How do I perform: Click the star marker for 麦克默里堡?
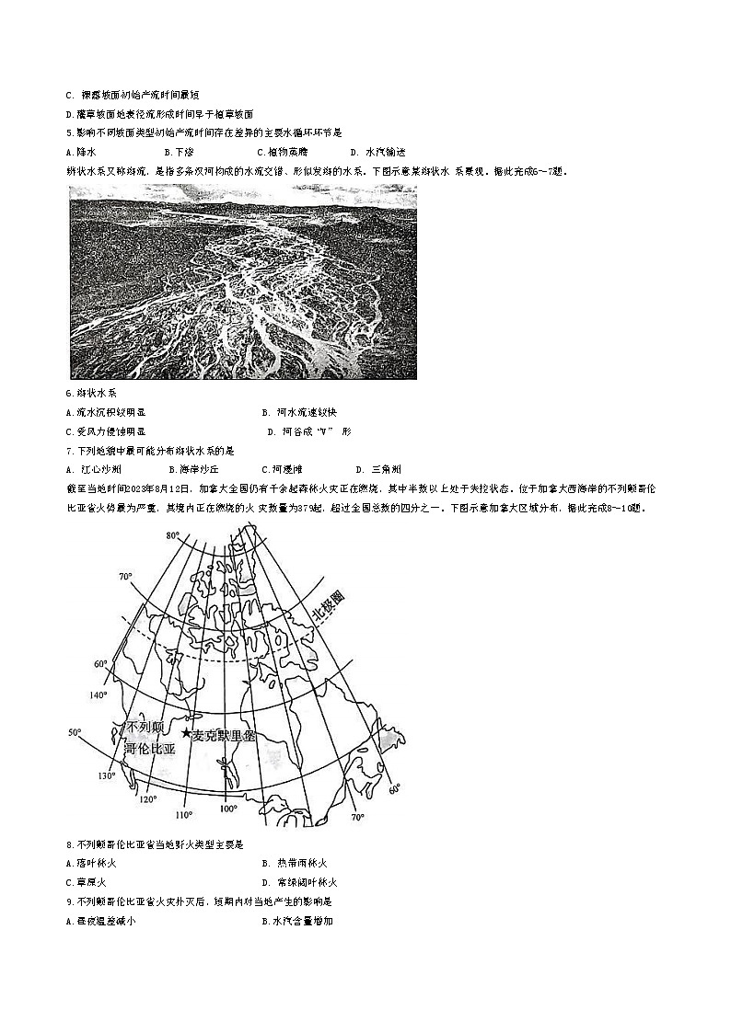[x=186, y=733]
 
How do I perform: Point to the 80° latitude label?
[x=172, y=535]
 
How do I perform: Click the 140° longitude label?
[x=99, y=694]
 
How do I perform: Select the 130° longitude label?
[x=109, y=776]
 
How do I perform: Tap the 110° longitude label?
[x=184, y=814]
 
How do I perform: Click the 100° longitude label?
[x=227, y=809]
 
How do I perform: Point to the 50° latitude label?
[x=75, y=732]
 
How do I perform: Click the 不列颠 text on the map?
[x=146, y=728]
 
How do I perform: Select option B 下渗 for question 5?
[x=179, y=152]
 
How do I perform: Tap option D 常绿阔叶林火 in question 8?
[x=298, y=882]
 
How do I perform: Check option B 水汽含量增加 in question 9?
[x=296, y=921]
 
